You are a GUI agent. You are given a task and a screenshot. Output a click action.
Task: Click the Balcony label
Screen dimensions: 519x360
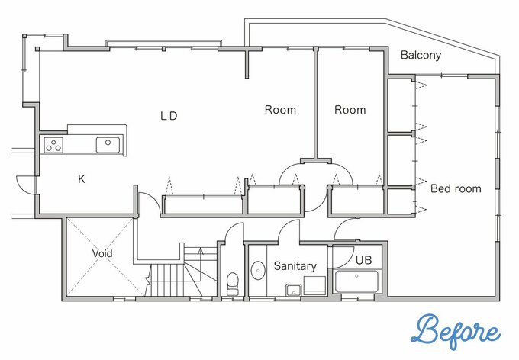[x=421, y=55]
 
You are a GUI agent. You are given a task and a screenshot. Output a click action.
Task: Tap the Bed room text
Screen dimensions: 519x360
[x=456, y=188]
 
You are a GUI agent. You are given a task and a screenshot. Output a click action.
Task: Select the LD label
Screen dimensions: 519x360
[x=169, y=116]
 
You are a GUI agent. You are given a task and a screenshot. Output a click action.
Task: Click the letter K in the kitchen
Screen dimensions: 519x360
[x=82, y=179]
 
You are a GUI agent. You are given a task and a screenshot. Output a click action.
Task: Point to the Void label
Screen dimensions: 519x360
[x=102, y=253]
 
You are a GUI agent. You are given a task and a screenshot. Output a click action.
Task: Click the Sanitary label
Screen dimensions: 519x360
[x=295, y=266]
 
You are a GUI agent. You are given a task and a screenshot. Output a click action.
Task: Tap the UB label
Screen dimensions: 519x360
[x=364, y=260]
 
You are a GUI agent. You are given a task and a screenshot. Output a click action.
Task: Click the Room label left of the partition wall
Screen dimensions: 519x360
[x=280, y=110]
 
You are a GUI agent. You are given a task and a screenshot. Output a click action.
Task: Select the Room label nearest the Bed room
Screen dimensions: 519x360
[x=350, y=110]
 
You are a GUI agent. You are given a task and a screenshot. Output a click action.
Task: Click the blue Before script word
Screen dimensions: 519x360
[x=456, y=333]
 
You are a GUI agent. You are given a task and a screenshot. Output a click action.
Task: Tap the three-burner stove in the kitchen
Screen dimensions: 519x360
[x=53, y=145]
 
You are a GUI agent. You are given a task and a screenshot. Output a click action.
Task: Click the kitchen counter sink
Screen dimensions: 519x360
[x=108, y=145]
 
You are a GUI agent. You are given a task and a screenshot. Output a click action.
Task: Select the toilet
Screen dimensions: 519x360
[x=232, y=284]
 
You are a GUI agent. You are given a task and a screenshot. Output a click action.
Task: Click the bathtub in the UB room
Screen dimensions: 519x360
[x=356, y=281]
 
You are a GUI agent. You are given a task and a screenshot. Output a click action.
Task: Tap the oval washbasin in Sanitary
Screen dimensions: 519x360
[x=257, y=271]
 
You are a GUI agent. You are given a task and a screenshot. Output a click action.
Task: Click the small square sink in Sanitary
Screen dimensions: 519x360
[x=293, y=290]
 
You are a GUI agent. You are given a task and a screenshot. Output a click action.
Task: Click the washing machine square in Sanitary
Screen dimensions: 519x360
[x=314, y=285]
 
